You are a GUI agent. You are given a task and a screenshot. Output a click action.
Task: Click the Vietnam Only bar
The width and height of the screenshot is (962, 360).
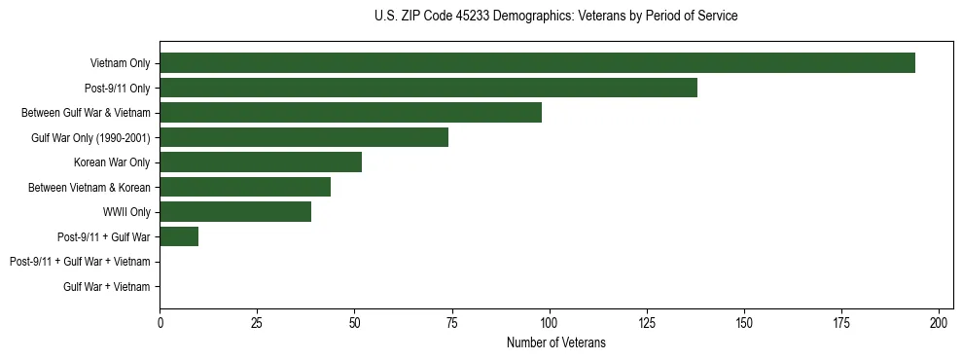537,63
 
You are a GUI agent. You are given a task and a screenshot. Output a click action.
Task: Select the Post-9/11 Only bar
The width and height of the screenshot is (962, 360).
428,88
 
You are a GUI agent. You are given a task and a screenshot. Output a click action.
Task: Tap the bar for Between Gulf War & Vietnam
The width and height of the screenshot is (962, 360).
350,113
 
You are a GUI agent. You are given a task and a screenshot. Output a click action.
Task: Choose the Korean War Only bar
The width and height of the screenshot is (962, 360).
261,162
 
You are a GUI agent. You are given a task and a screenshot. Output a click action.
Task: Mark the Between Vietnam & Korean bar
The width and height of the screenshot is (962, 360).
245,187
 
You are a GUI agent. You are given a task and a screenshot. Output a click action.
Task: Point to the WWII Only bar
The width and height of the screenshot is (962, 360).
235,212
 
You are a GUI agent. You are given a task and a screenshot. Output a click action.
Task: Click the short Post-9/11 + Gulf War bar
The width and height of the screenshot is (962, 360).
179,236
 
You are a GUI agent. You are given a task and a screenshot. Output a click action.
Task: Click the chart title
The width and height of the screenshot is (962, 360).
555,17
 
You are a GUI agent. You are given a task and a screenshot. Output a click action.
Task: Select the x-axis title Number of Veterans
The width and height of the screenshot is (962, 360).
555,342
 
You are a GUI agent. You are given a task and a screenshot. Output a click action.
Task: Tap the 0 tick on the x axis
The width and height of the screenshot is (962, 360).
160,321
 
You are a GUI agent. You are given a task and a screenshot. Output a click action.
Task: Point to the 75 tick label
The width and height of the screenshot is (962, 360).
451,321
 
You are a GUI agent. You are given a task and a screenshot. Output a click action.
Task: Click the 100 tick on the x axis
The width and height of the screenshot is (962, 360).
550,321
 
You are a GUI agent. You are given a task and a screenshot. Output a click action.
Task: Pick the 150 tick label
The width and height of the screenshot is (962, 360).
744,321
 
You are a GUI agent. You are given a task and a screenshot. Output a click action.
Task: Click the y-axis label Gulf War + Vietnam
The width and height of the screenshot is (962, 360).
106,286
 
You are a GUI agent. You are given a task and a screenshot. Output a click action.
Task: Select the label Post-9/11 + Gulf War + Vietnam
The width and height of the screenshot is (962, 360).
80,262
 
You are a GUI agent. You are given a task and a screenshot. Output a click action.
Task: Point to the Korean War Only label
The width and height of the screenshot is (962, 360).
112,162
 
